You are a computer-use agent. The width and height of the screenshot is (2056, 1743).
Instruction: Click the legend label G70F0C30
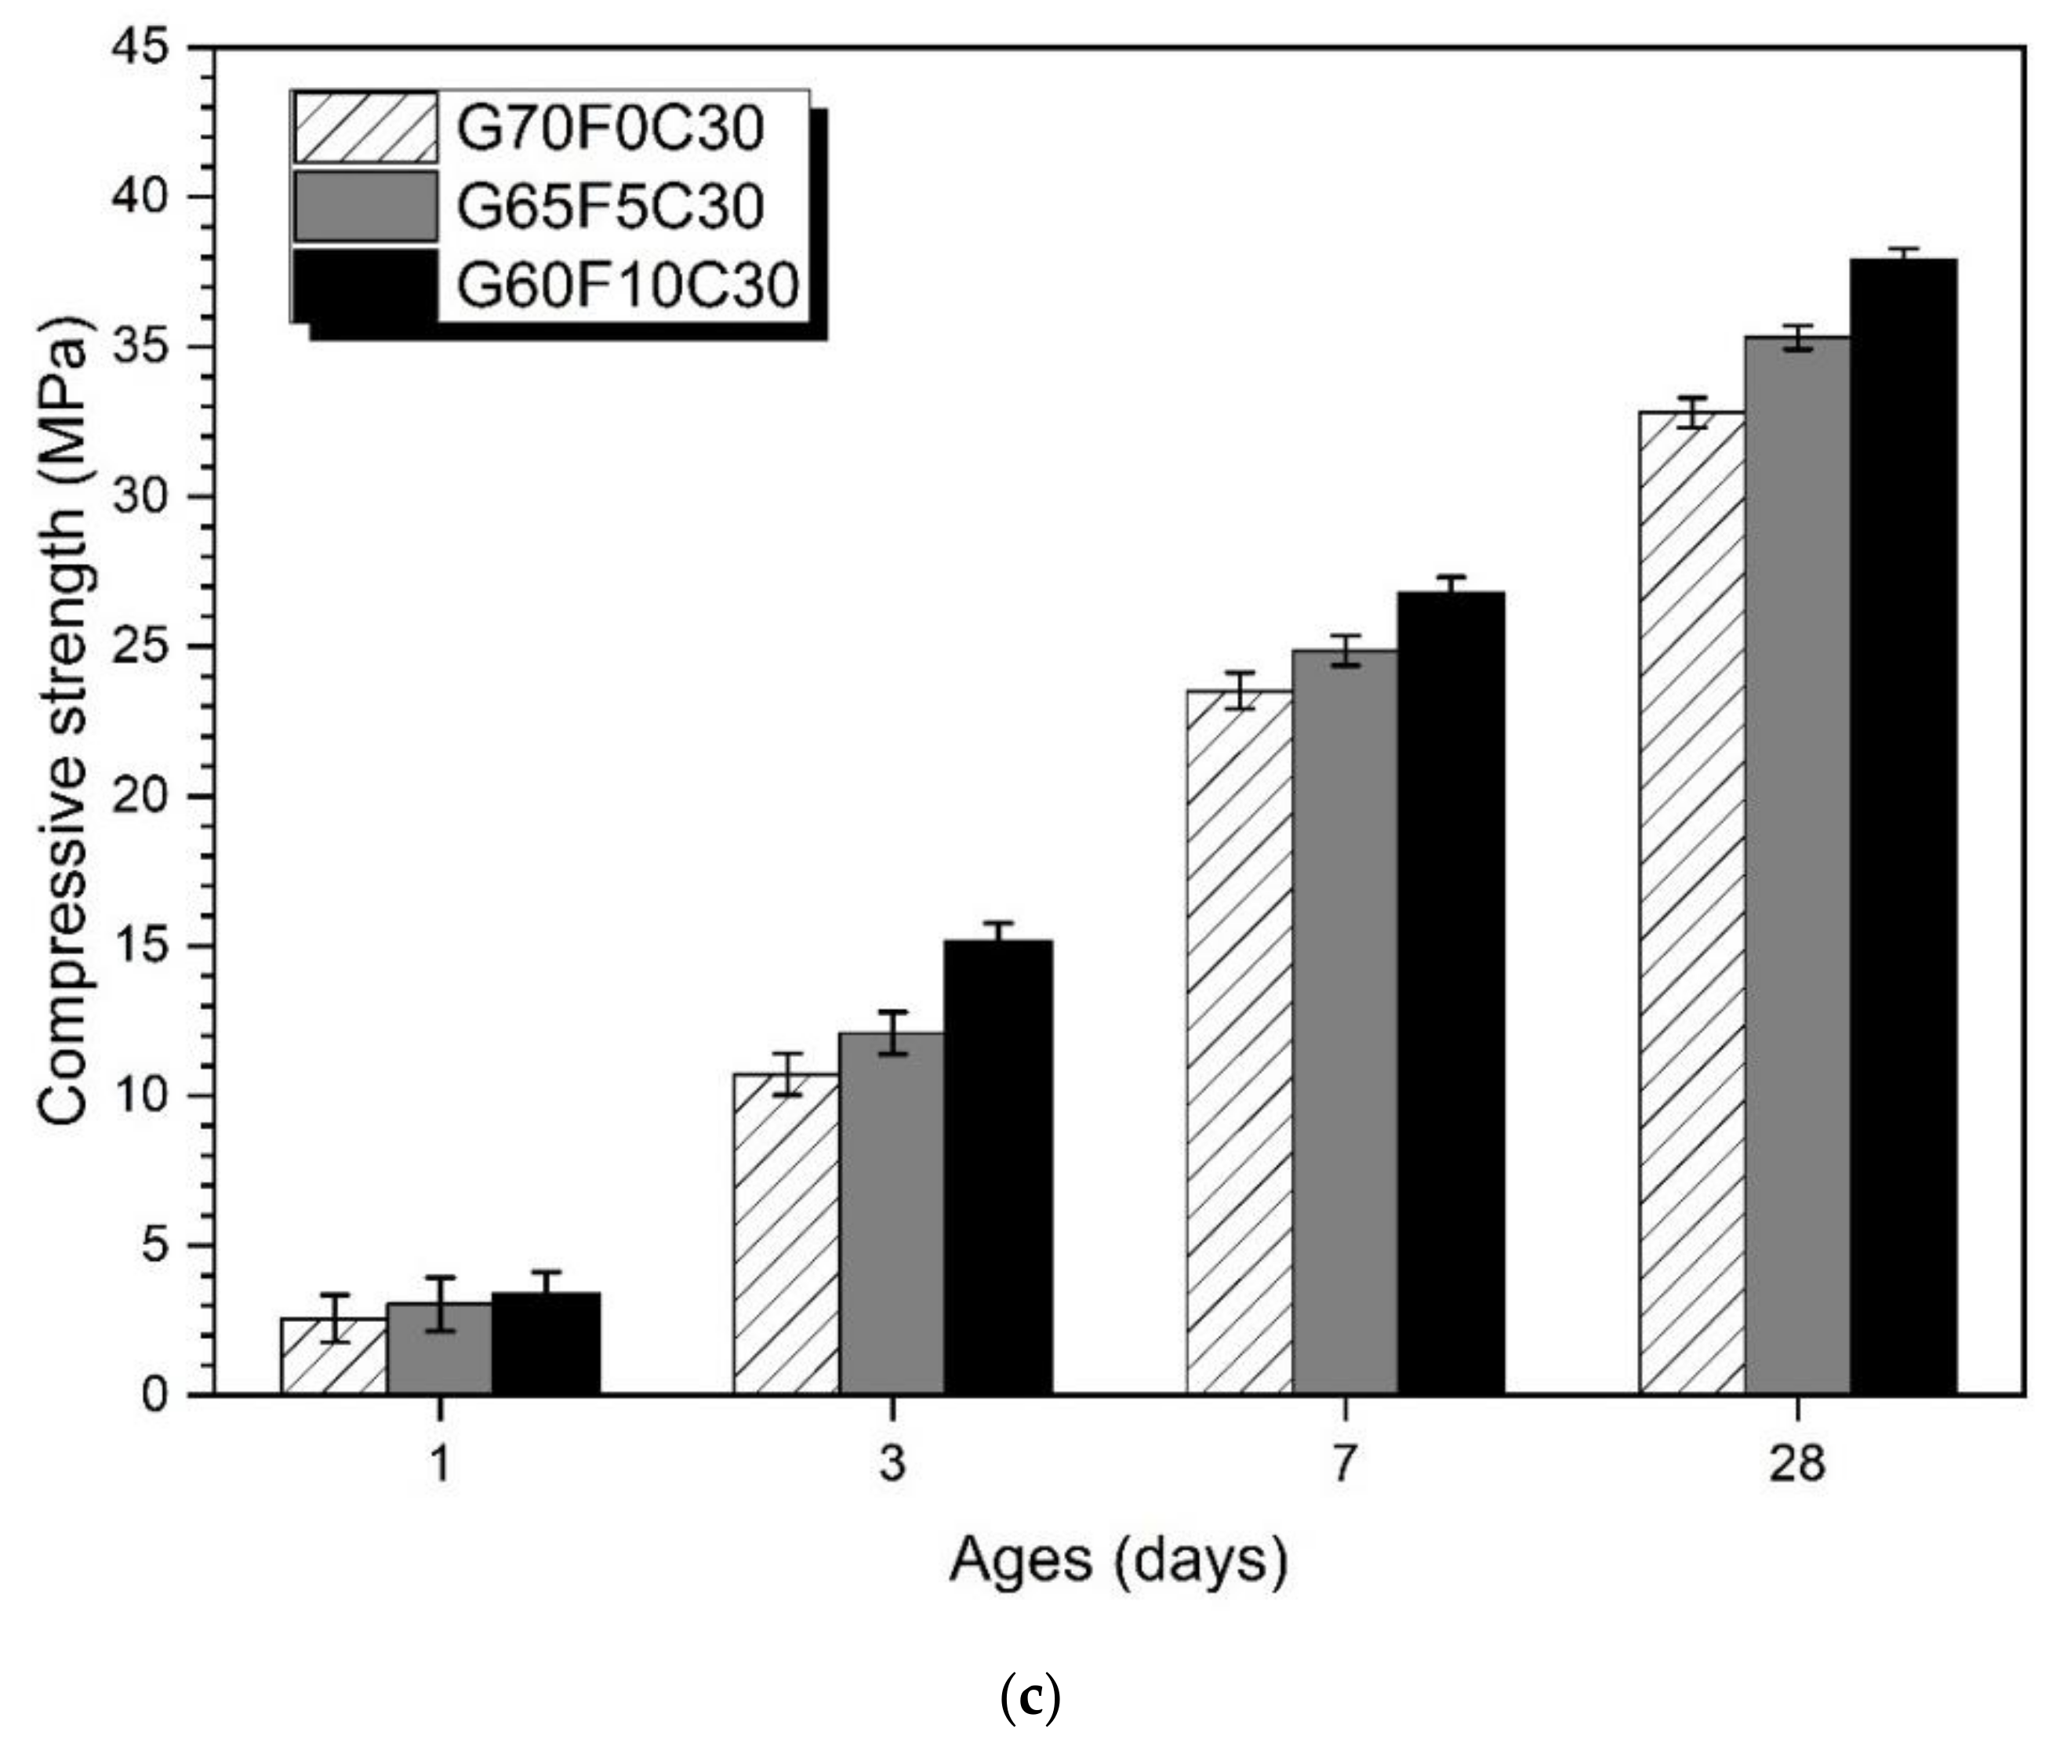tap(609, 129)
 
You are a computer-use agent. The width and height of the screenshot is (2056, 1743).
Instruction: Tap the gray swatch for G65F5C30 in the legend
tap(365, 206)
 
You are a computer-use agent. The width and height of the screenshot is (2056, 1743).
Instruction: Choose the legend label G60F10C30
tap(627, 286)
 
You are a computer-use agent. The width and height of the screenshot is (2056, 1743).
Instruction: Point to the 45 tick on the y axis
tap(148, 47)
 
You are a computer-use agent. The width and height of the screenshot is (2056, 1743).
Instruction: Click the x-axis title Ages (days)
tap(1118, 1562)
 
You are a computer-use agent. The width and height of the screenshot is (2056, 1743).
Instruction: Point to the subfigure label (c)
tap(1030, 1698)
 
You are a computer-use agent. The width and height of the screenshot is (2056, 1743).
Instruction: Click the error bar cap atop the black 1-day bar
tap(546, 1272)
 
